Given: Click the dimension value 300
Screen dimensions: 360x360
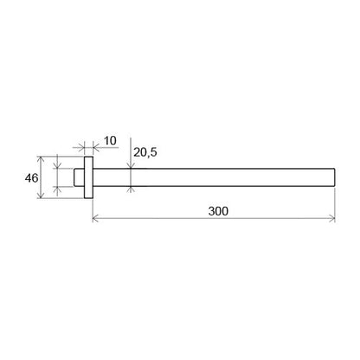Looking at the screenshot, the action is (x=218, y=211).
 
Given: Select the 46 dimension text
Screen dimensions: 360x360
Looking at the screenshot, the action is (x=31, y=178).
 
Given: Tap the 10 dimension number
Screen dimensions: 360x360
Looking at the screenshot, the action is (x=110, y=141).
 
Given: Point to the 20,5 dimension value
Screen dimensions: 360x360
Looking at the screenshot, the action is (x=145, y=152).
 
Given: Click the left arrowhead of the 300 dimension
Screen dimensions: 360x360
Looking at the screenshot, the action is (x=95, y=218).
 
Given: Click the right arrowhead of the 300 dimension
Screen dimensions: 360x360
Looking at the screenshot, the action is (x=331, y=218).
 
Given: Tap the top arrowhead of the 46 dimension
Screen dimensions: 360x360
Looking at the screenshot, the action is (x=41, y=160).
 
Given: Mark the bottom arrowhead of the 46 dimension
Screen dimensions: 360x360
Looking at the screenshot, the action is (x=41, y=195).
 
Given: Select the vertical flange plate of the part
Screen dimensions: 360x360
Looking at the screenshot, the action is (x=88, y=177).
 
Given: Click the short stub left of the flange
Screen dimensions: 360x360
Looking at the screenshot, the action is (x=79, y=177).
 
